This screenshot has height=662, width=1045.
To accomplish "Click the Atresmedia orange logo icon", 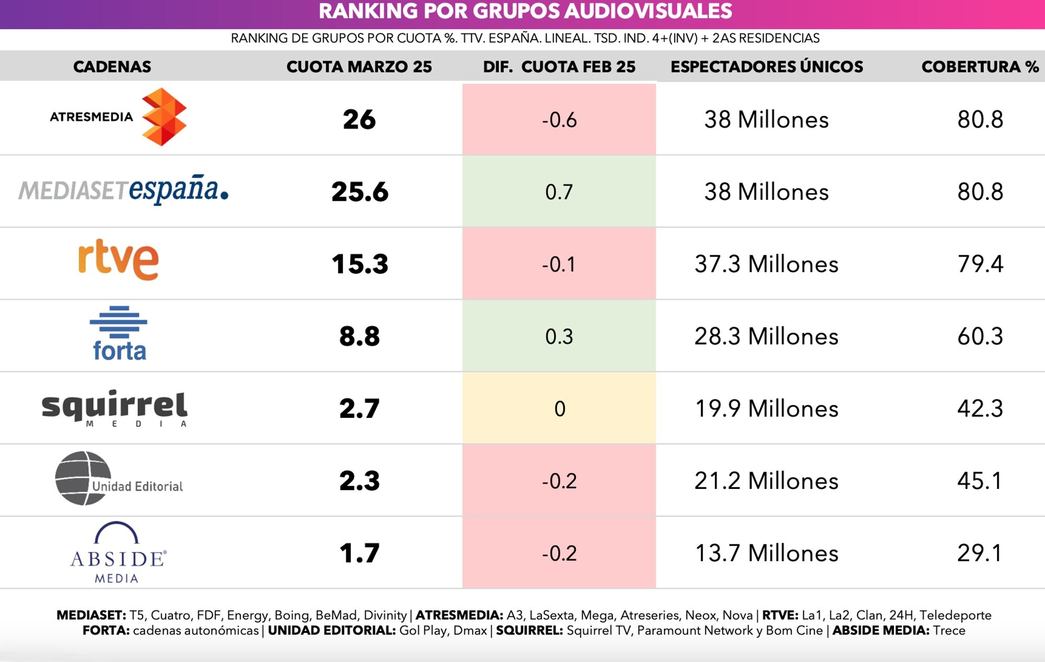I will tap(164, 117).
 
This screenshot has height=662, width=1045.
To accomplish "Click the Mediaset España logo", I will tap(123, 190).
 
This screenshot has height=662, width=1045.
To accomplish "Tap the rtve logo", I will tap(119, 260).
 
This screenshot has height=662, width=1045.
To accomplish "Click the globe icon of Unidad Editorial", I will tap(83, 478).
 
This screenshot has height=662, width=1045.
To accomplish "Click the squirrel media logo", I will tap(114, 408).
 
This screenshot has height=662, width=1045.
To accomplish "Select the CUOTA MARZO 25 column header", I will tap(359, 67).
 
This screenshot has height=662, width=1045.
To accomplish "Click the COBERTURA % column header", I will tap(980, 67).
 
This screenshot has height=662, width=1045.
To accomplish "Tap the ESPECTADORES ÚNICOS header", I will tap(767, 67).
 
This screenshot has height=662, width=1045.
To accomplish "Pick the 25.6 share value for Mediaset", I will tap(359, 192).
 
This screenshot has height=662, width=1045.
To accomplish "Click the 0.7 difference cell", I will tap(559, 192).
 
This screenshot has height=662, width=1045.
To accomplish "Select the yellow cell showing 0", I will tap(559, 408).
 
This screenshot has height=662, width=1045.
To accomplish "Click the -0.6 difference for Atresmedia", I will tap(559, 120).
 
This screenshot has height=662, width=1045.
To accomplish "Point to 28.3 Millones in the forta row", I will tap(766, 336).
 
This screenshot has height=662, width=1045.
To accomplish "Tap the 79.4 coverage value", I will tap(980, 264).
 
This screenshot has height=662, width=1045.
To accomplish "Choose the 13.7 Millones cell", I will tap(766, 553).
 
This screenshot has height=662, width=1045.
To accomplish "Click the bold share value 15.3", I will tap(359, 264).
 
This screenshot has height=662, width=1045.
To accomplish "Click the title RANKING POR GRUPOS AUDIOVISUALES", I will tap(525, 12).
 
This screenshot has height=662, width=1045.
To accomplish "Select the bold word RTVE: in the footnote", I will tap(780, 615).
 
